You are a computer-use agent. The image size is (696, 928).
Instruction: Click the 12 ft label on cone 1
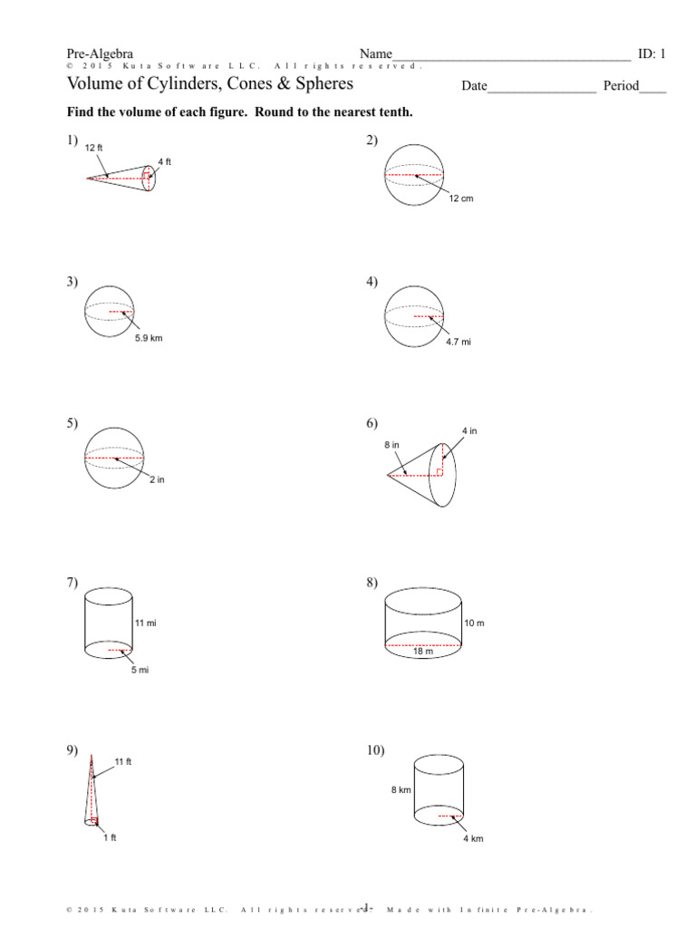pyautogui.click(x=94, y=147)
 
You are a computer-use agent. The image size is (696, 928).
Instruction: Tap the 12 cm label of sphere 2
pyautogui.click(x=461, y=198)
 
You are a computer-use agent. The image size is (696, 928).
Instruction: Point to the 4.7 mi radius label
pyautogui.click(x=459, y=343)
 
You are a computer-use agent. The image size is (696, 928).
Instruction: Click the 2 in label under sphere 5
pyautogui.click(x=157, y=479)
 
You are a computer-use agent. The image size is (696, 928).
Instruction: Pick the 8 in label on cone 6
pyautogui.click(x=391, y=446)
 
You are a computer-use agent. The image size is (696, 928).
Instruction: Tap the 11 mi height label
pyautogui.click(x=146, y=623)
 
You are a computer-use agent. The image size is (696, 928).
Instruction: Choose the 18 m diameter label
pyautogui.click(x=423, y=651)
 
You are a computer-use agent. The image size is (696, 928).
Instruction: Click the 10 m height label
pyautogui.click(x=475, y=623)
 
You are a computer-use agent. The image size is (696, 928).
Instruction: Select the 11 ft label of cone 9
pyautogui.click(x=123, y=762)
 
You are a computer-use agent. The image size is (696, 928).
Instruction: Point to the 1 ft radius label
pyautogui.click(x=110, y=837)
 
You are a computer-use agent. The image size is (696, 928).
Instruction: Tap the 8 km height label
pyautogui.click(x=401, y=790)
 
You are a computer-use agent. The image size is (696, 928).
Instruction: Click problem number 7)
pyautogui.click(x=72, y=582)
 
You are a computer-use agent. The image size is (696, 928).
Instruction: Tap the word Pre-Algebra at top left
pyautogui.click(x=100, y=54)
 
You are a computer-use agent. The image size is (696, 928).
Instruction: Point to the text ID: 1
pyautogui.click(x=652, y=54)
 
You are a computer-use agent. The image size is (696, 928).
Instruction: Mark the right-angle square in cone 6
pyautogui.click(x=440, y=471)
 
